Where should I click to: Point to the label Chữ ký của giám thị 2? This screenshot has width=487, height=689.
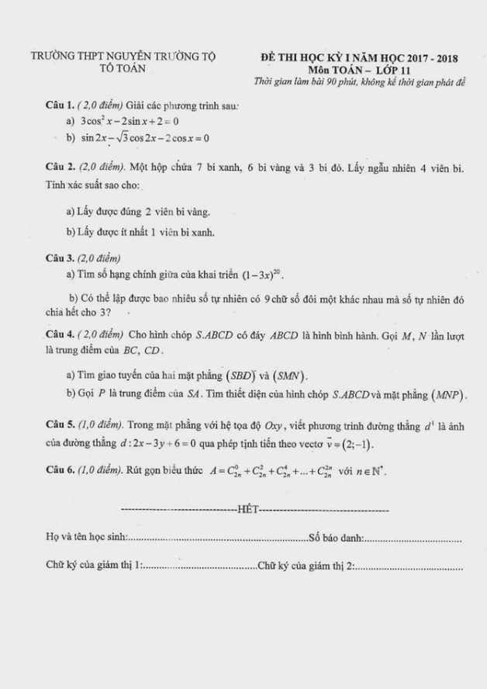[x=307, y=566]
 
